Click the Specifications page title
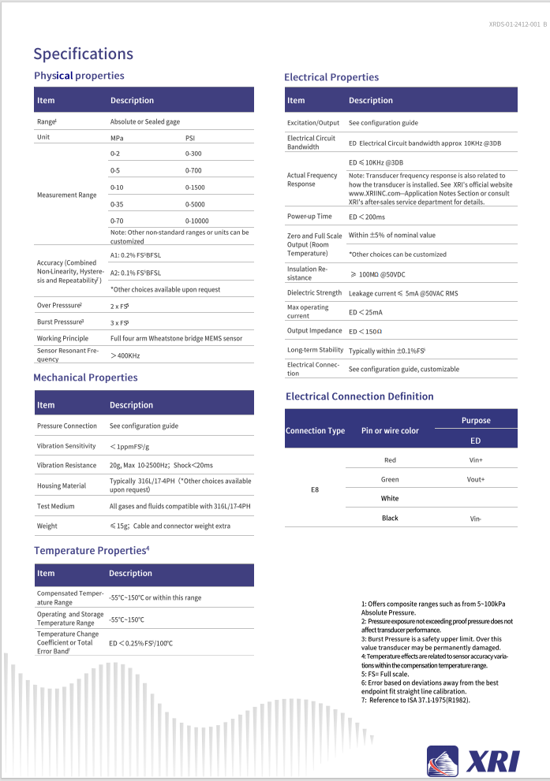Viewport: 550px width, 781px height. (83, 54)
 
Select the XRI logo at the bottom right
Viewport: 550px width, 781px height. (473, 760)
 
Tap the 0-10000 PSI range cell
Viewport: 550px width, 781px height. (198, 221)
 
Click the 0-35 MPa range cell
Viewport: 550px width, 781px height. (118, 203)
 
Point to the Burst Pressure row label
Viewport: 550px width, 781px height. (60, 322)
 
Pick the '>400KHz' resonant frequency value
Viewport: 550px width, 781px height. (125, 355)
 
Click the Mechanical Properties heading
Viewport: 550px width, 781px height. (85, 377)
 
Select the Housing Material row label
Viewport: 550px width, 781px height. (62, 485)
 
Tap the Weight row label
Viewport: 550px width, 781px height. (47, 526)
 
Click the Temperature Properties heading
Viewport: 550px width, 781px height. (92, 550)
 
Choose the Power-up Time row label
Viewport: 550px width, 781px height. (309, 216)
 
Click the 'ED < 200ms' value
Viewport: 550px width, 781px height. (368, 216)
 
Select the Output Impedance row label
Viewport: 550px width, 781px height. (313, 331)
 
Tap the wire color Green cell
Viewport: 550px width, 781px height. (390, 479)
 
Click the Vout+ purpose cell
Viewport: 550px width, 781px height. (476, 479)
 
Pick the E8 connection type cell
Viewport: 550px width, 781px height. (315, 489)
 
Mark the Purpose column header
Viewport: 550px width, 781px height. (476, 420)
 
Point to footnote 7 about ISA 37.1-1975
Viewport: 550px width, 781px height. (416, 700)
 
